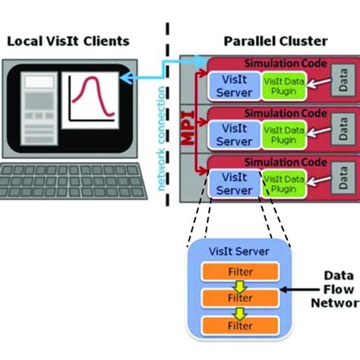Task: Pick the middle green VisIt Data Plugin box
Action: coord(285,134)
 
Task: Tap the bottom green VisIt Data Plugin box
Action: coord(285,182)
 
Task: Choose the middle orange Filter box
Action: coord(239,298)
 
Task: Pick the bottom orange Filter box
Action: coord(239,325)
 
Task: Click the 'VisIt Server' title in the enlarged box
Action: coord(238,251)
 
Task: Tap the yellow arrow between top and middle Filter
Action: coord(239,285)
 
